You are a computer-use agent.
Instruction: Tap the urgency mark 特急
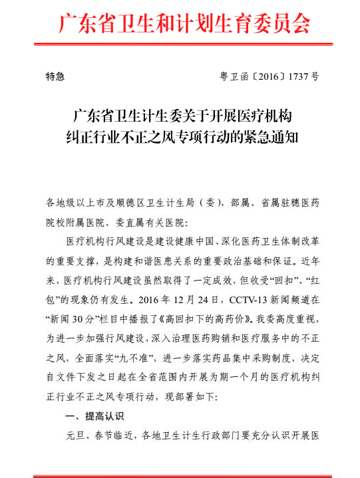click(x=55, y=77)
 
